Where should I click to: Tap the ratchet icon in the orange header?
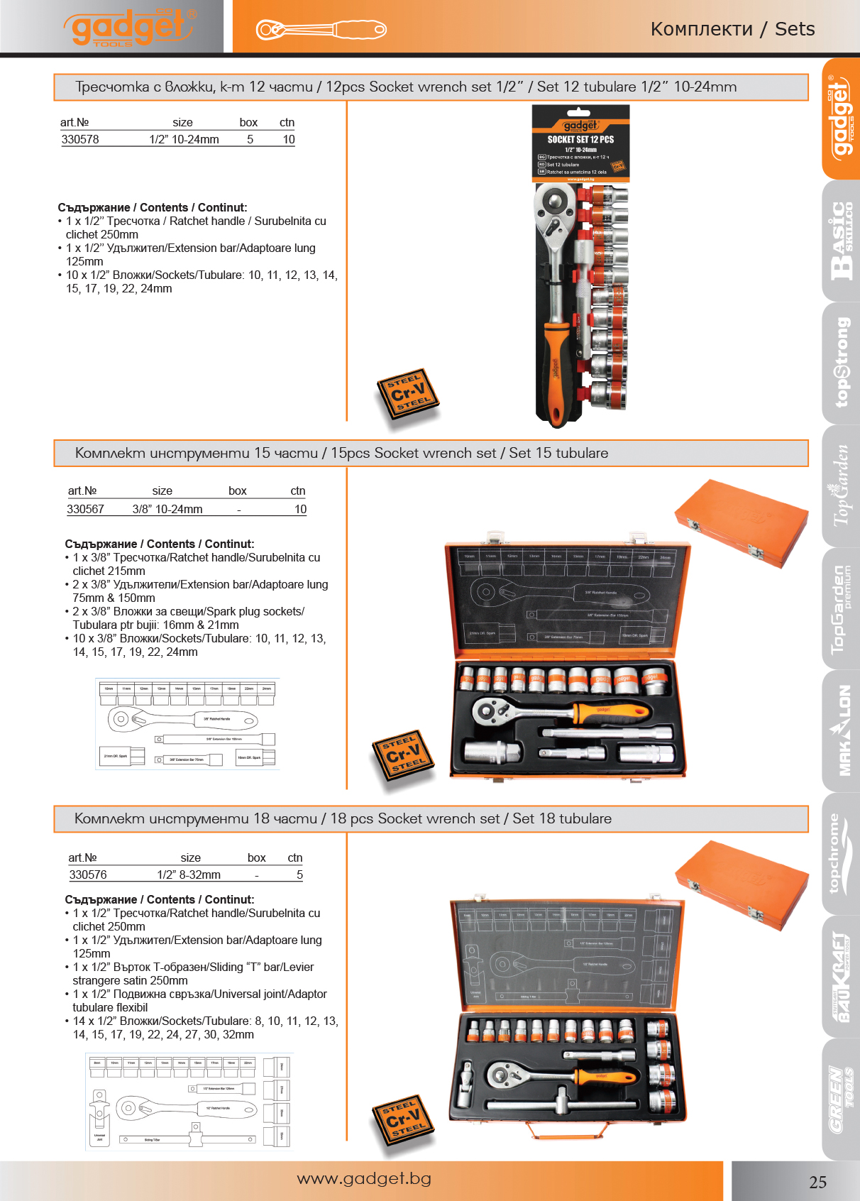click(321, 30)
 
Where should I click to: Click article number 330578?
click(80, 139)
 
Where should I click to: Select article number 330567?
click(85, 509)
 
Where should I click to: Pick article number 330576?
click(88, 874)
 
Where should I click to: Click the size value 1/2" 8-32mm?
click(189, 874)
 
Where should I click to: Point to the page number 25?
click(817, 1182)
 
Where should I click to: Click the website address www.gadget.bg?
click(364, 1178)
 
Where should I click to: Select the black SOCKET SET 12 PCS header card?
click(580, 142)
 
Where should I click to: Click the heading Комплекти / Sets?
click(732, 29)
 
